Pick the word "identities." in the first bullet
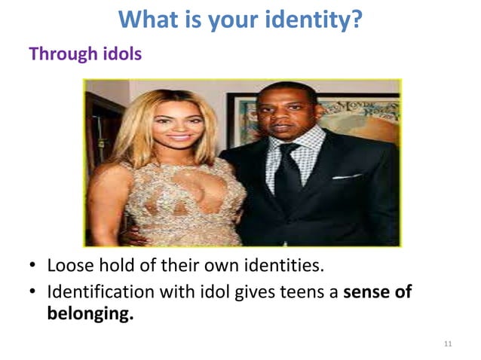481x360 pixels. click(x=292, y=267)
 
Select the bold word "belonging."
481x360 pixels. click(x=90, y=313)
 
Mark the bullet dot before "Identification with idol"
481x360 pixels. click(x=35, y=292)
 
